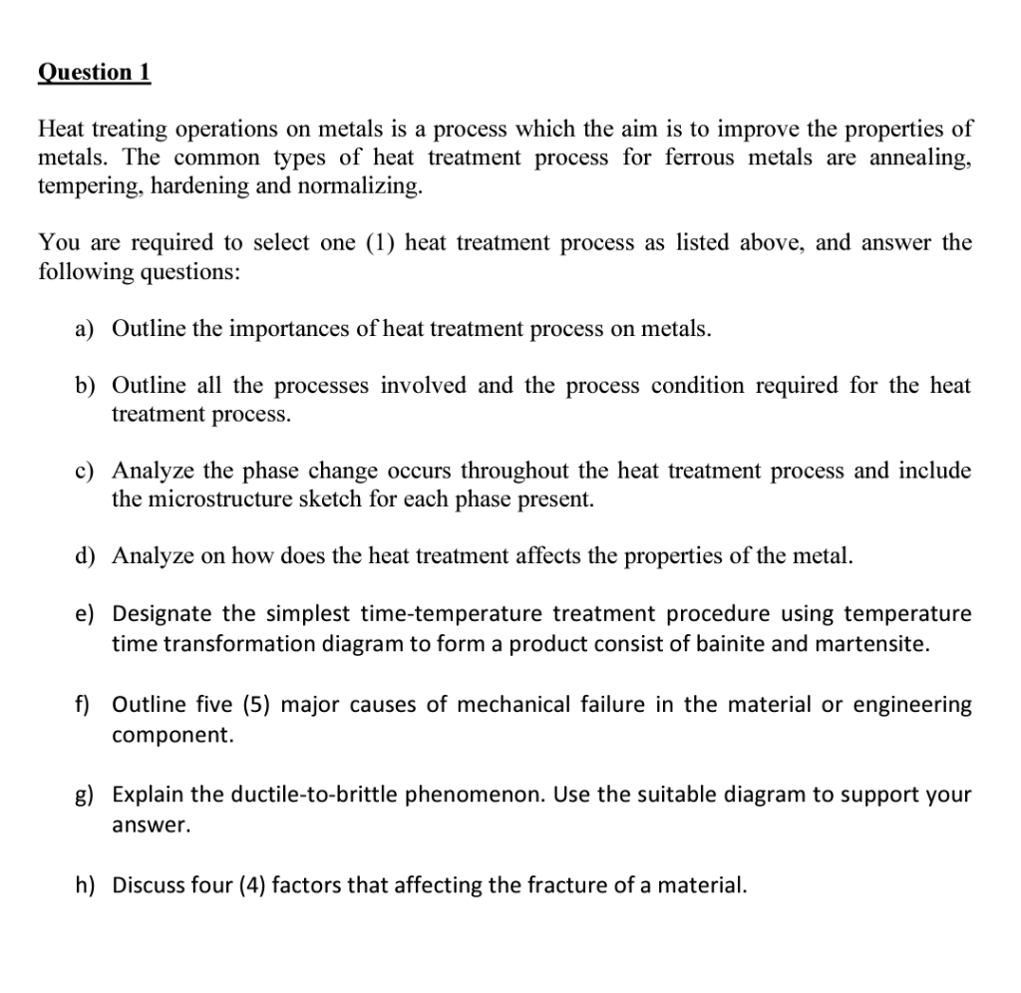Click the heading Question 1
(x=94, y=72)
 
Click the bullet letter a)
(x=86, y=329)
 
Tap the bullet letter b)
(x=86, y=386)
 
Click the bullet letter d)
(x=86, y=555)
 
